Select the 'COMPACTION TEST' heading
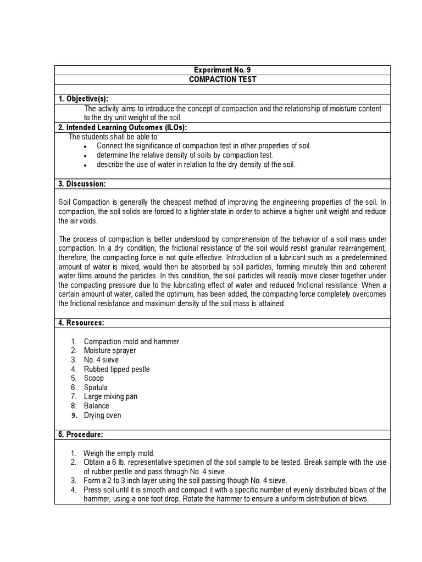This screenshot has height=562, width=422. (223, 80)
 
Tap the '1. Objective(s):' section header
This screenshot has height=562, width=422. (84, 99)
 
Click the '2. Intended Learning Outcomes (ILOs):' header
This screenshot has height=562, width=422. (123, 127)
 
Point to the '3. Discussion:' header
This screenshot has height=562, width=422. (82, 183)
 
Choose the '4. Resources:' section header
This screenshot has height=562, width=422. (81, 323)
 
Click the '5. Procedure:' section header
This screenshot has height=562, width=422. (81, 435)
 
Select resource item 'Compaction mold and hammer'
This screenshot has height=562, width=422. (131, 341)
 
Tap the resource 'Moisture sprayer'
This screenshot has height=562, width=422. (110, 351)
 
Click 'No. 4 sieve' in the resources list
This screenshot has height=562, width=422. (101, 360)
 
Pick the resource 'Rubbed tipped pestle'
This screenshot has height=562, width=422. (116, 369)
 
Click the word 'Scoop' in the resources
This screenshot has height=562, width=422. (93, 379)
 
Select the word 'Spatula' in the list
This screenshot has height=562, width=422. (96, 387)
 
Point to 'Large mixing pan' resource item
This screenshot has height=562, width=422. (110, 397)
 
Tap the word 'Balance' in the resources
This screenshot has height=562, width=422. (96, 406)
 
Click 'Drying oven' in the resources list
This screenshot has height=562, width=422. (102, 415)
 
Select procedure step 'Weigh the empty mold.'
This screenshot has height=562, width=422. (119, 453)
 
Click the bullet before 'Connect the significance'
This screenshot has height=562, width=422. (86, 147)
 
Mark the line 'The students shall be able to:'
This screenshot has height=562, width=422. (113, 137)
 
